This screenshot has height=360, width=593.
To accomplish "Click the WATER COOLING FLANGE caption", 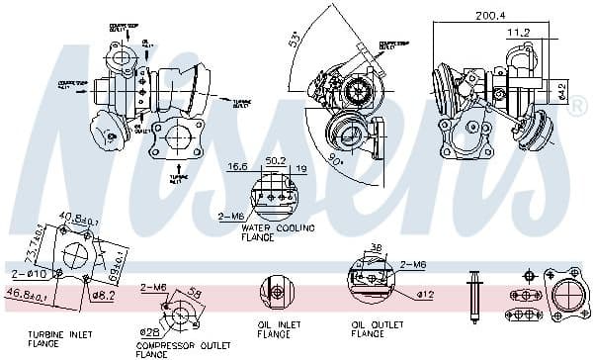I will click(271, 232).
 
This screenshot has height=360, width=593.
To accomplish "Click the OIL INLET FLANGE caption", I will click(280, 328).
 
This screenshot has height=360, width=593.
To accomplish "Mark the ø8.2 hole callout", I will click(102, 294).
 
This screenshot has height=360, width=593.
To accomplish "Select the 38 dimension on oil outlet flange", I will click(377, 247).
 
